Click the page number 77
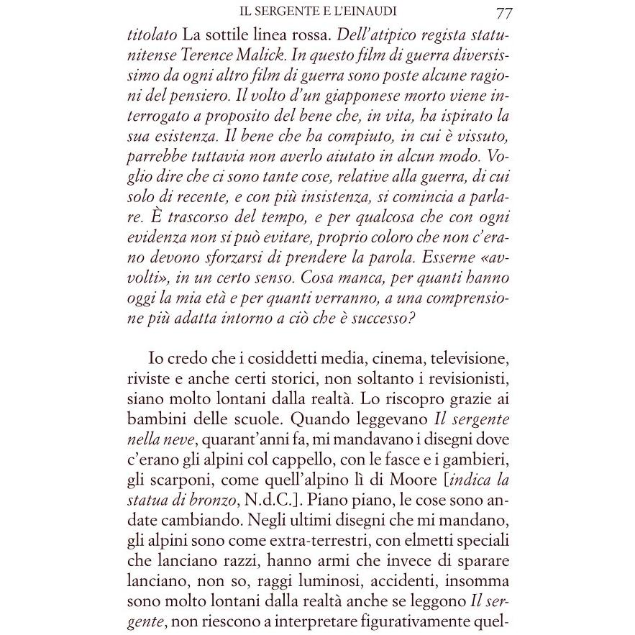coord(503,13)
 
